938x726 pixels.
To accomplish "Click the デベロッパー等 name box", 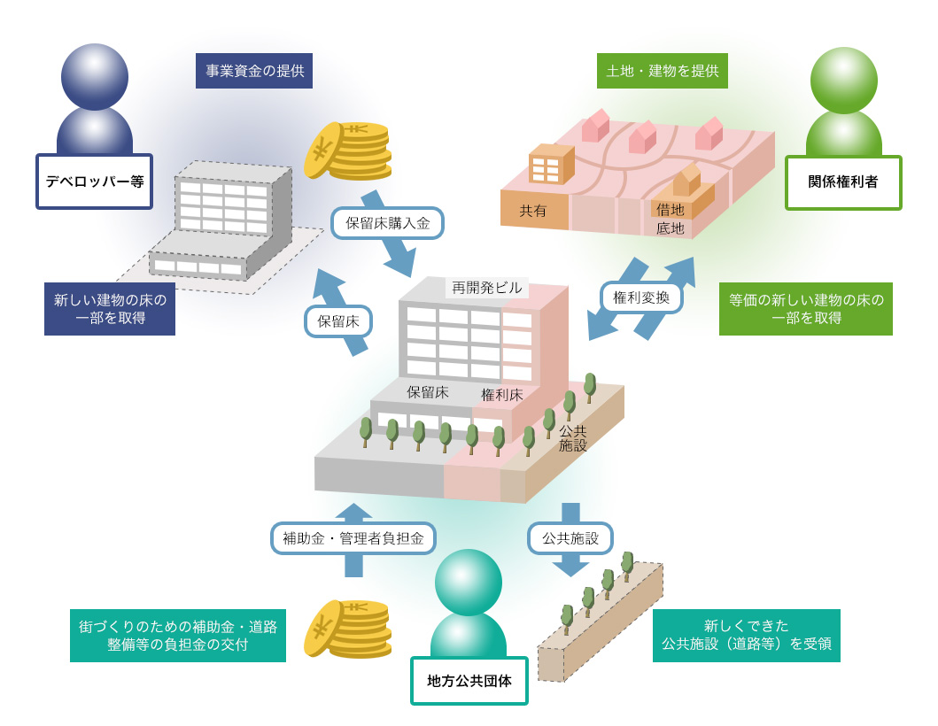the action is [95, 181].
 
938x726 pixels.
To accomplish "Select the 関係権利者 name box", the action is [843, 182].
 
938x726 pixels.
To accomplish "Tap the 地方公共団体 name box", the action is [469, 681].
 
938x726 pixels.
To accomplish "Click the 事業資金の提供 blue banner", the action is [254, 71].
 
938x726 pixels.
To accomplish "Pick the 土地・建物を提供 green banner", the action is [663, 71].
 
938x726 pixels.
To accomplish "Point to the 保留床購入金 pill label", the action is [388, 223].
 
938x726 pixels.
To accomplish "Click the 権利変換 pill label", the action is [641, 297].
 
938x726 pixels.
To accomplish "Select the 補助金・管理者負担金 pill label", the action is [353, 538].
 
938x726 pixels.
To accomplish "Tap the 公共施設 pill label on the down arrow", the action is [570, 538].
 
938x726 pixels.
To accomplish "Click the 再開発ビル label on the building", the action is [487, 288].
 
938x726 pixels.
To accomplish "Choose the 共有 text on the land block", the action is [532, 211].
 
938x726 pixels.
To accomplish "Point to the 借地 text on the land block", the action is [670, 209].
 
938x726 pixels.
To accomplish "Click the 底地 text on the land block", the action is [670, 228].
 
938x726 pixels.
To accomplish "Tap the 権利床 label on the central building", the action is [502, 395].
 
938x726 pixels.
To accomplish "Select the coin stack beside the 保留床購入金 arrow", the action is [348, 151].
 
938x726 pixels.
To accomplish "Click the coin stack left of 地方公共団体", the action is [348, 629].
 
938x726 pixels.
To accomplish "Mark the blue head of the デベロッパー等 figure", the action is [95, 76].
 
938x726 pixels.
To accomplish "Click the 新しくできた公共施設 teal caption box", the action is [747, 636].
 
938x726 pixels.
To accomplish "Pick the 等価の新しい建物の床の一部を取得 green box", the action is [806, 309].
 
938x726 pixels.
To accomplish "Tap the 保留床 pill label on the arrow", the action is [338, 321].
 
